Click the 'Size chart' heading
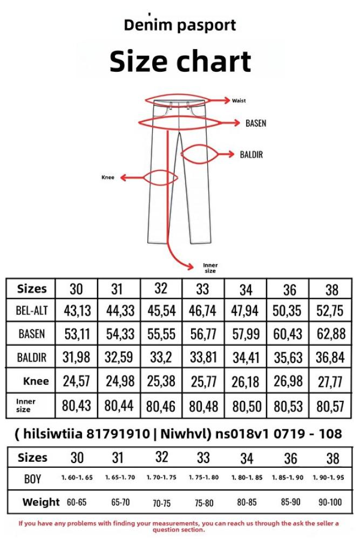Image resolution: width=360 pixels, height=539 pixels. point(180,62)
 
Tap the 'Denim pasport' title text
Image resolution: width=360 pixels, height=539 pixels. point(180,25)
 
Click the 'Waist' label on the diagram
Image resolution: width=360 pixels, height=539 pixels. point(239,101)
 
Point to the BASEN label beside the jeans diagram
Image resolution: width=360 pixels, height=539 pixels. point(256,123)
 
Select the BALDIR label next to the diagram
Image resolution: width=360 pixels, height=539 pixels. point(252,154)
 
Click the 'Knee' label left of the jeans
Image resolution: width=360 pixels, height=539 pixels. point(107,178)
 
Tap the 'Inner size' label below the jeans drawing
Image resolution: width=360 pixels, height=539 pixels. point(210,268)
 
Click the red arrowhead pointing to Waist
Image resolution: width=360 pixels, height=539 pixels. point(226,100)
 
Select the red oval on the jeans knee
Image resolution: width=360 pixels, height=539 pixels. point(160,178)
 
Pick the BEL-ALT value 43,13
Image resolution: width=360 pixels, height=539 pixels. point(77,311)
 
